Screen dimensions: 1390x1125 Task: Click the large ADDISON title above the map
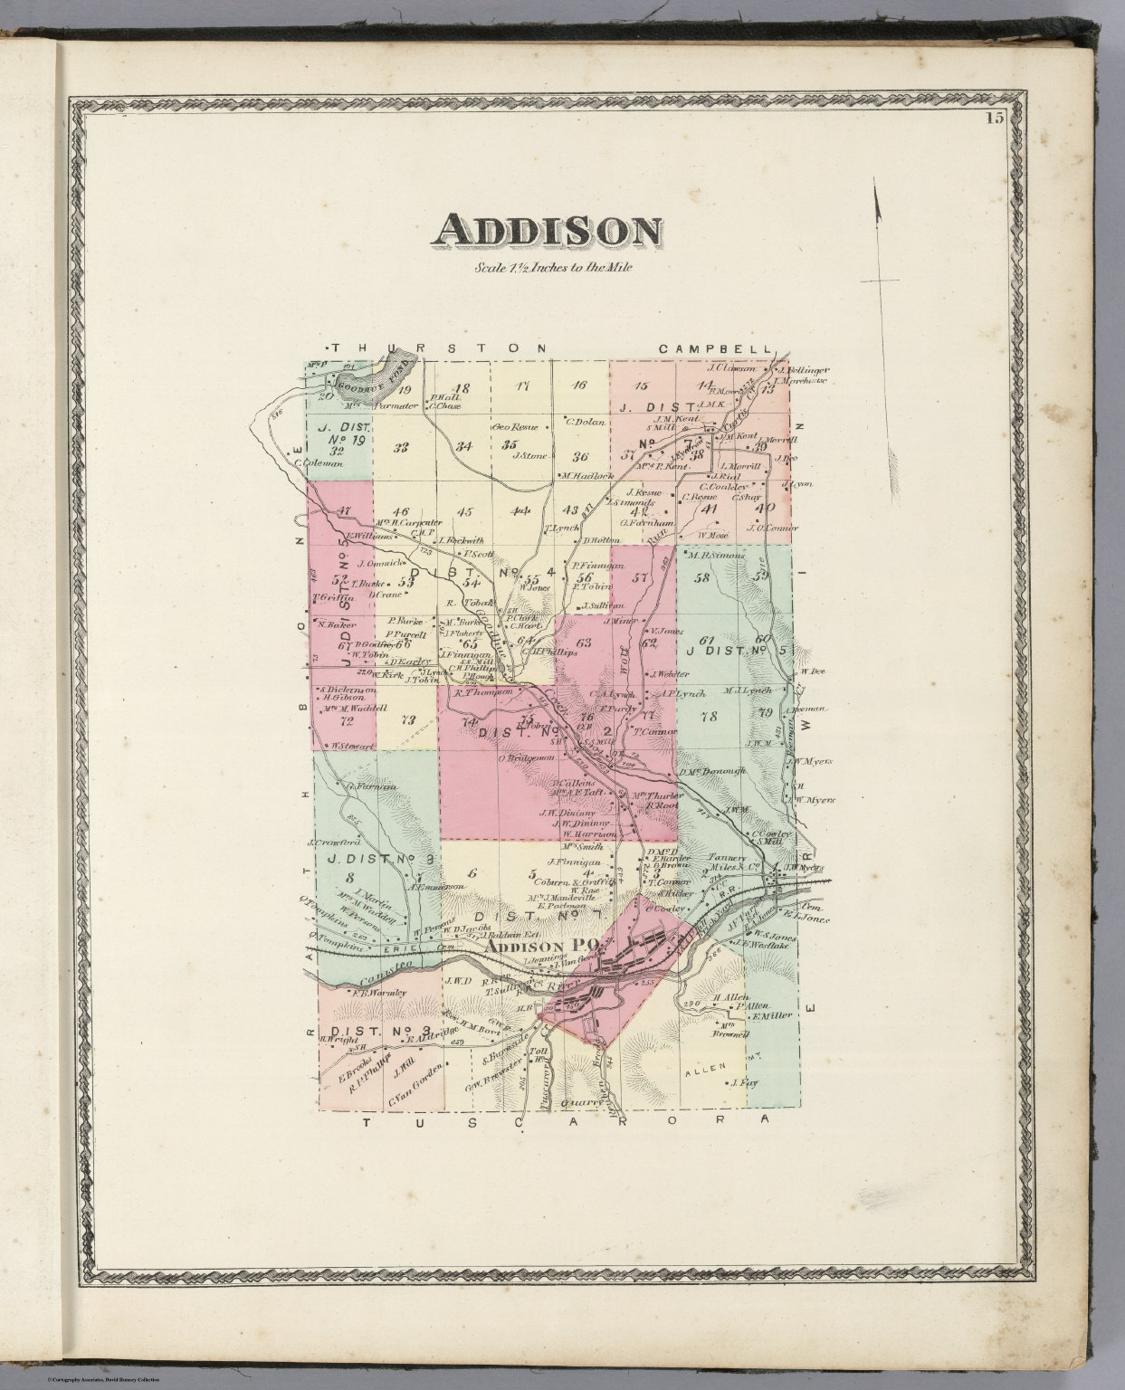coord(546,232)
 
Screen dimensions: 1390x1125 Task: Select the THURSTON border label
coord(439,348)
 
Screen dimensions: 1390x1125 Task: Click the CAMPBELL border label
coord(714,348)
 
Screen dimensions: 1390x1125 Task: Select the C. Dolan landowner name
coord(584,420)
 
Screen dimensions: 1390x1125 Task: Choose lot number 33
coord(401,446)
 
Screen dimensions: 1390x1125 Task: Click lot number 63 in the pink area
coord(583,643)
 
